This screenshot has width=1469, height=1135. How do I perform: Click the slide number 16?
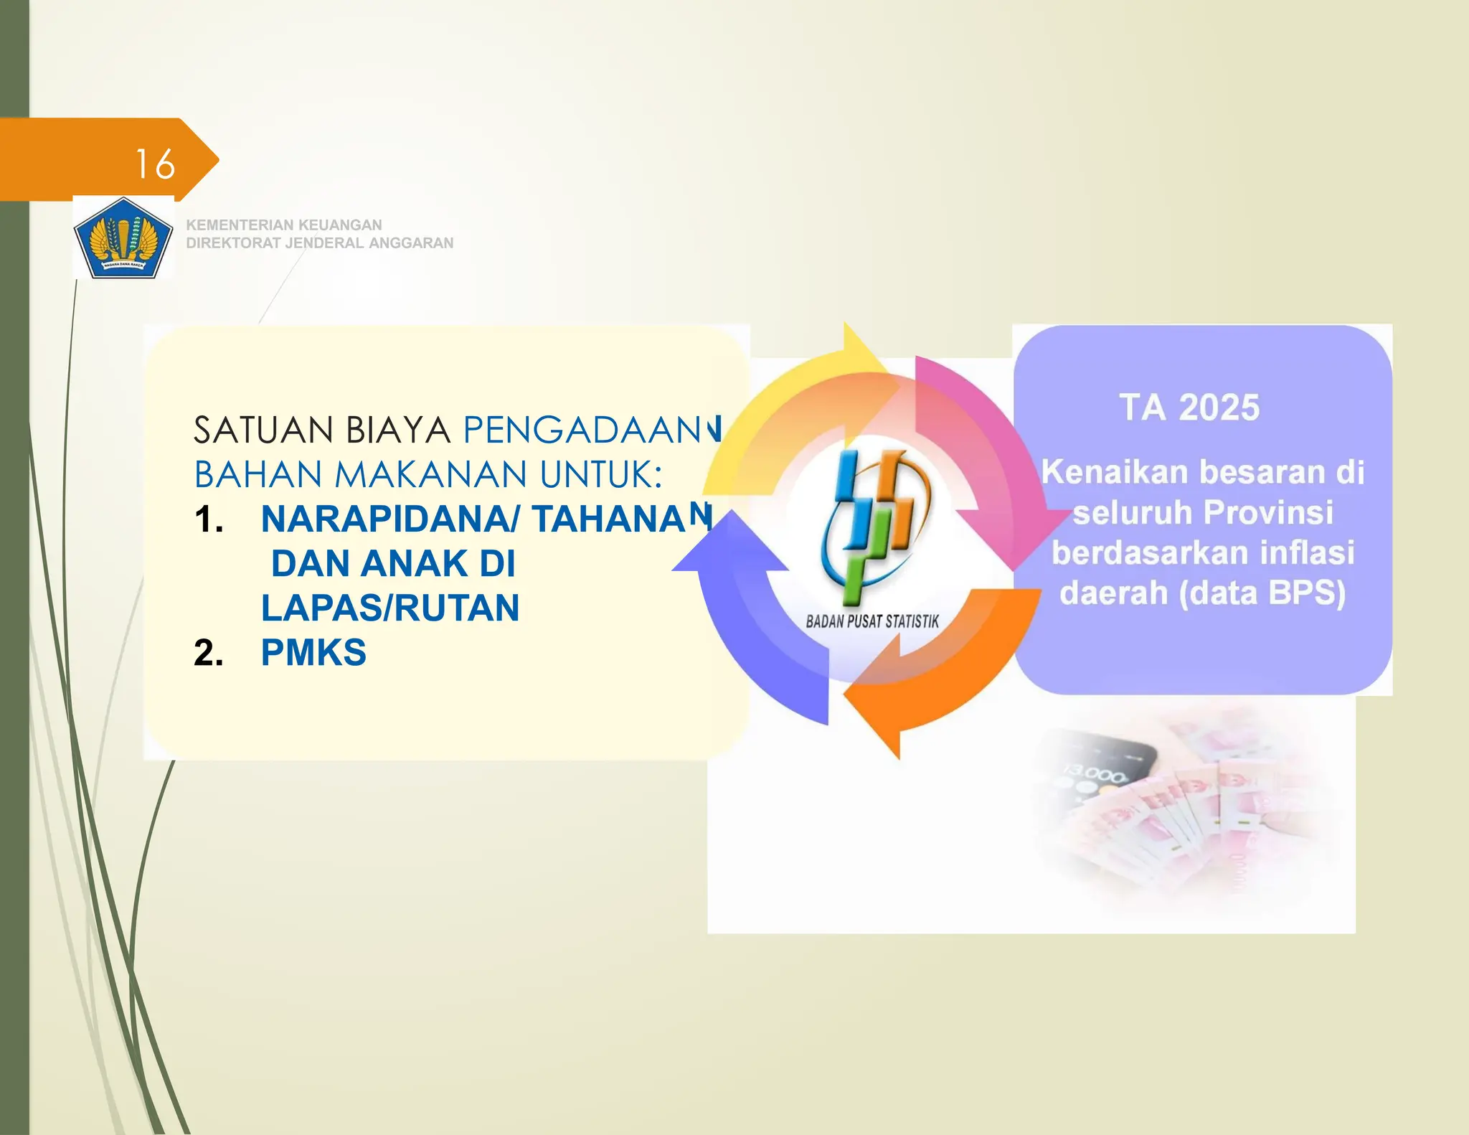point(155,164)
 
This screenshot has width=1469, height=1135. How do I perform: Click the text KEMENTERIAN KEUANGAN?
point(283,225)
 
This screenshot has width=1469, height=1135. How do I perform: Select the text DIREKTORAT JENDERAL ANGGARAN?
point(319,243)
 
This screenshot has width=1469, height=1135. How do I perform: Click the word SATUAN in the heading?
point(263,430)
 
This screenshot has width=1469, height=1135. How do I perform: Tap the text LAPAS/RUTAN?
point(390,608)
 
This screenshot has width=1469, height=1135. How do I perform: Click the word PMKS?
point(313,653)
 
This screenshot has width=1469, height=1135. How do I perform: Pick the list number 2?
point(208,653)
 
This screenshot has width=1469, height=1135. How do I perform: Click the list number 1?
point(208,519)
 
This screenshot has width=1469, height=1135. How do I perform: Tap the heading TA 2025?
point(1189,408)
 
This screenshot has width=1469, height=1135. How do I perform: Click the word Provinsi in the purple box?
point(1267,512)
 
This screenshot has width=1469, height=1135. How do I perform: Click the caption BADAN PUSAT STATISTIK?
point(872,621)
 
